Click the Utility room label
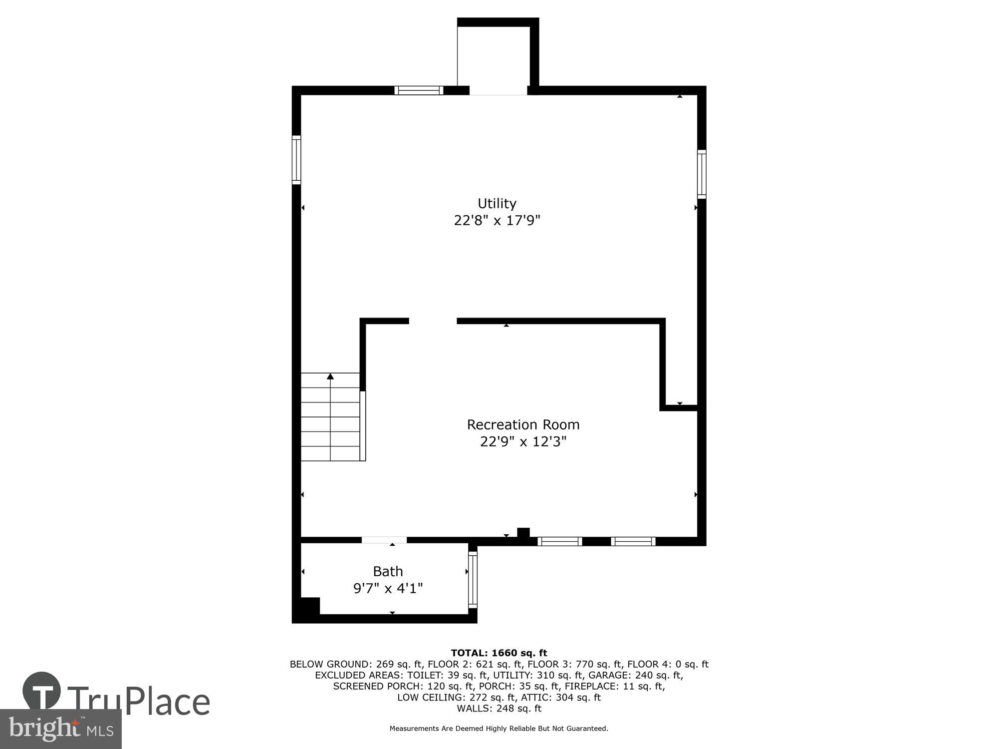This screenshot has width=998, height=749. [x=497, y=203]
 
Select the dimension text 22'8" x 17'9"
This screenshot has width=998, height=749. [x=497, y=220]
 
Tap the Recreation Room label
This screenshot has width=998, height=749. [x=523, y=424]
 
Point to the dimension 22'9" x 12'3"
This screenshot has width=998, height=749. [x=523, y=441]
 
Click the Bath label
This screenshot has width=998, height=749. [x=388, y=571]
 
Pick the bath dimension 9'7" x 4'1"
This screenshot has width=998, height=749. [x=388, y=588]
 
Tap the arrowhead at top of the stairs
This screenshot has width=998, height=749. [x=330, y=376]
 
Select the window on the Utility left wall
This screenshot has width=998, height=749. [x=296, y=160]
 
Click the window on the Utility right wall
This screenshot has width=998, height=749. [x=702, y=174]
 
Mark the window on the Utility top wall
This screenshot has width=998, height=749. [x=419, y=90]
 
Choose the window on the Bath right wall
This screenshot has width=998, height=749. [x=473, y=579]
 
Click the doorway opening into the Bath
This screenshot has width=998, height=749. [x=384, y=540]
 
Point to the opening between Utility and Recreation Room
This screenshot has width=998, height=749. [x=433, y=321]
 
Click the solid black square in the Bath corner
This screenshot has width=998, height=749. [x=309, y=606]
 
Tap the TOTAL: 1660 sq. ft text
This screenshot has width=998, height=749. [x=499, y=653]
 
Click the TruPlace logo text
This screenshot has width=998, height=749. [x=139, y=701]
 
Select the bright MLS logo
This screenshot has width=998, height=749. [x=61, y=729]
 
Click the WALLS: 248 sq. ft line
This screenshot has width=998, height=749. [x=499, y=708]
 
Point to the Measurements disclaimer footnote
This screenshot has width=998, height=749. [x=499, y=729]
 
